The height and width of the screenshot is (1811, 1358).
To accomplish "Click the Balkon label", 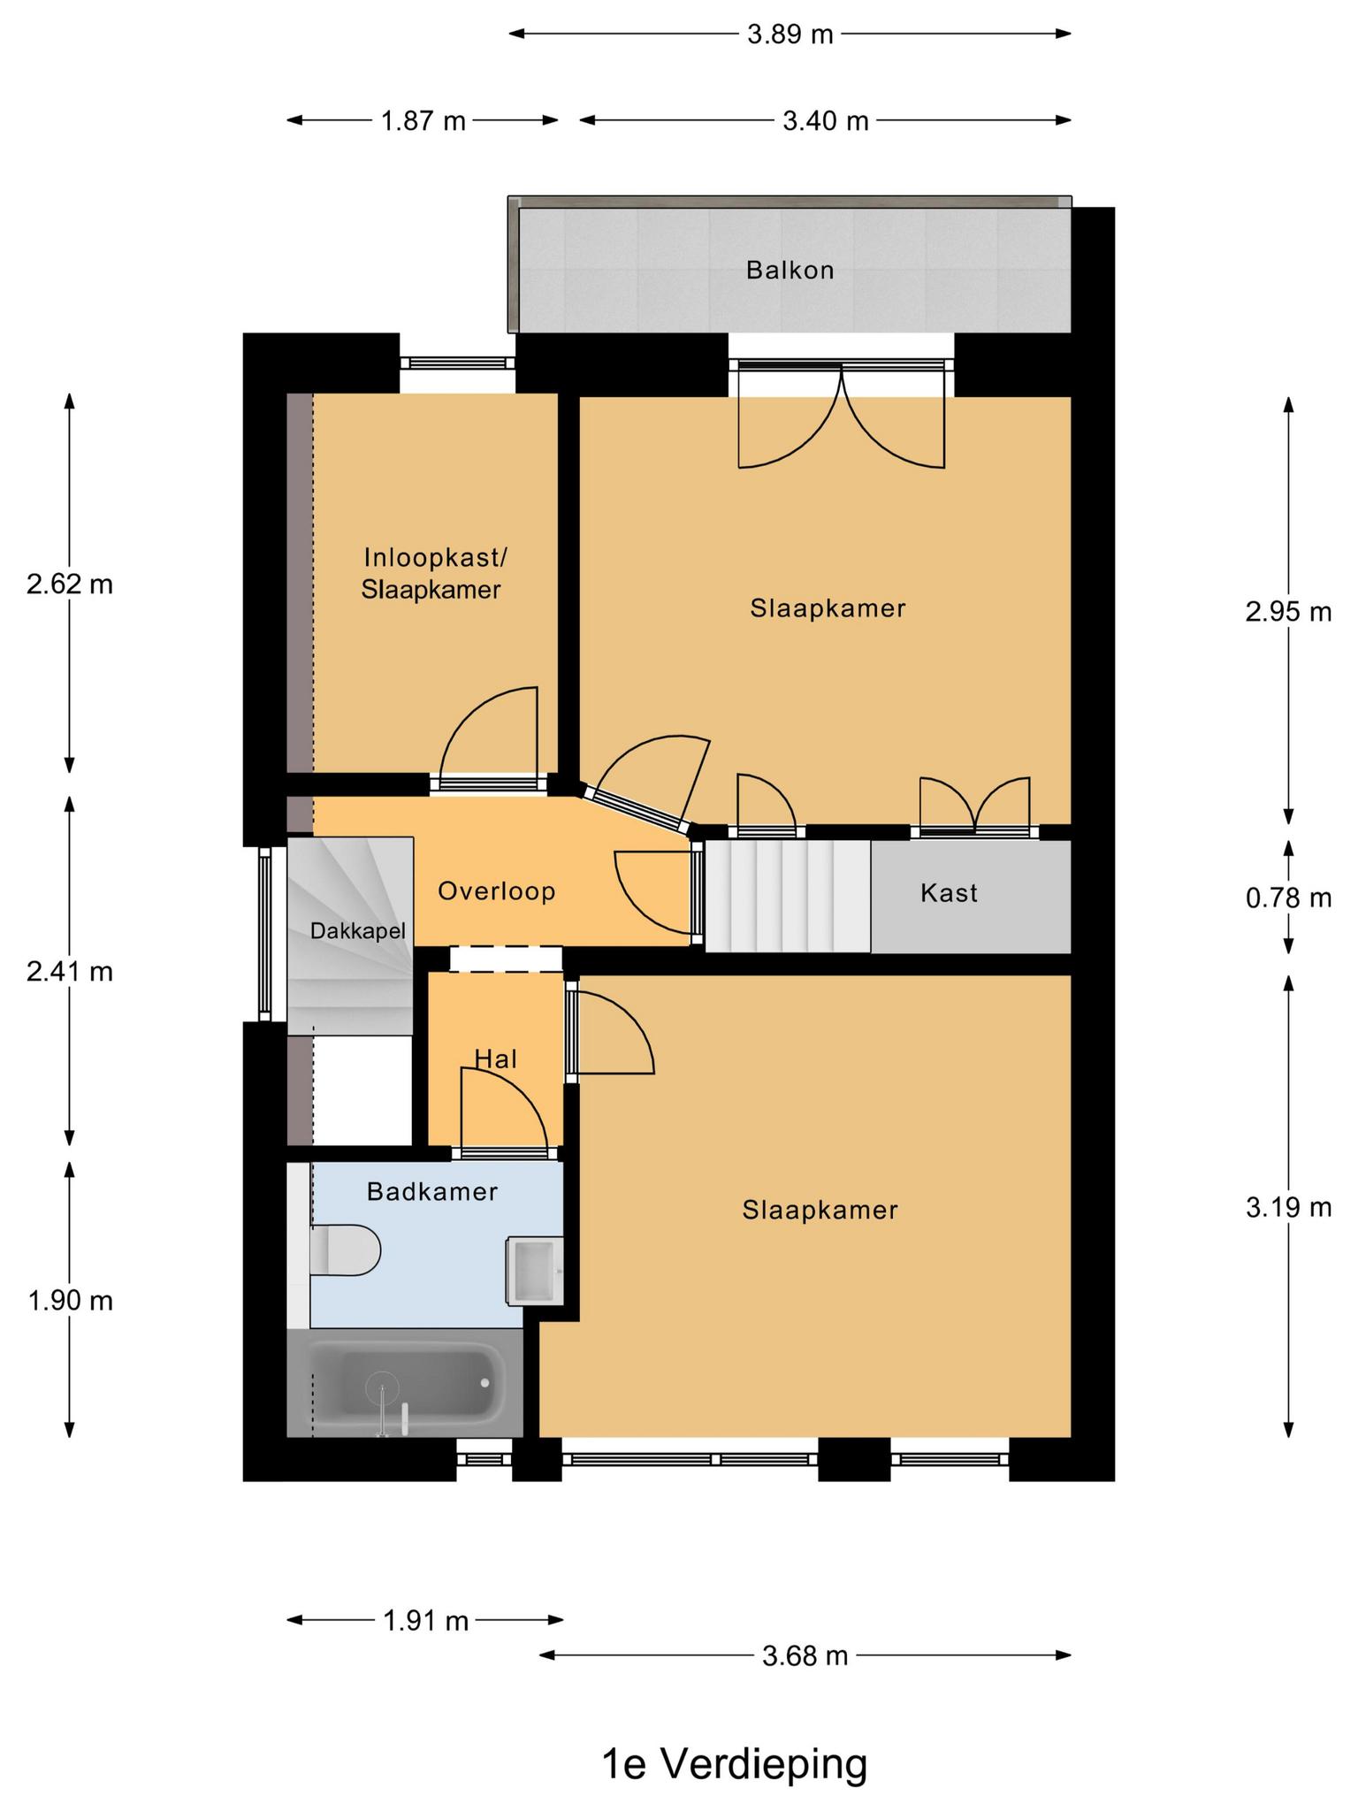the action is click(x=790, y=270).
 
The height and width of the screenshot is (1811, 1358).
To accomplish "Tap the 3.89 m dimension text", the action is click(x=790, y=34).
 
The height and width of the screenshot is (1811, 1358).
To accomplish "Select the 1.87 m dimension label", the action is click(x=423, y=120).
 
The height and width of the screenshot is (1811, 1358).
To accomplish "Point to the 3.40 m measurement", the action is click(x=826, y=120).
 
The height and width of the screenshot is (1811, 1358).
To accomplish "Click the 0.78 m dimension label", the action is click(x=1288, y=898).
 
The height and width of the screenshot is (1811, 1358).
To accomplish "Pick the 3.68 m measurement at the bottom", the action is click(x=805, y=1655).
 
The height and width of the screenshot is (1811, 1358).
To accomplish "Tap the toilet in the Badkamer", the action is click(x=345, y=1250).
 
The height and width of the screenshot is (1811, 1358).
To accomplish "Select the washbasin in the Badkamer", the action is click(x=535, y=1271).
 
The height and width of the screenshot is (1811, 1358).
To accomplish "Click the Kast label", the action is click(x=949, y=893).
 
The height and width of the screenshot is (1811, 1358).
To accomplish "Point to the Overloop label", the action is click(x=497, y=891).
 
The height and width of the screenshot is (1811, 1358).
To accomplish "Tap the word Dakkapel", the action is click(x=357, y=931).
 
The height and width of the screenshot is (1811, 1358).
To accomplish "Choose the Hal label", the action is click(x=495, y=1058).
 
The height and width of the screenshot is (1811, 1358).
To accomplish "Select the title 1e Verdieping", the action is click(x=734, y=1764).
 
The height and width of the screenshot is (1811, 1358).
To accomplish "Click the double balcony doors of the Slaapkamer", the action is click(x=842, y=416).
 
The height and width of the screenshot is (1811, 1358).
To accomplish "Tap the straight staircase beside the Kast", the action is click(x=788, y=896).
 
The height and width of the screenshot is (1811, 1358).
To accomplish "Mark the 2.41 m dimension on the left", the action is click(x=70, y=972).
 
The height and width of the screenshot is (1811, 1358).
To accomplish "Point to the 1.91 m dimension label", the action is click(x=425, y=1621).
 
